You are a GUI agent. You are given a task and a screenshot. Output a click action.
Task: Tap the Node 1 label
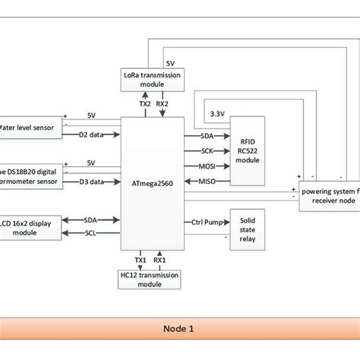(179, 329)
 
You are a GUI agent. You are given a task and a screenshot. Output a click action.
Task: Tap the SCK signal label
(207, 150)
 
